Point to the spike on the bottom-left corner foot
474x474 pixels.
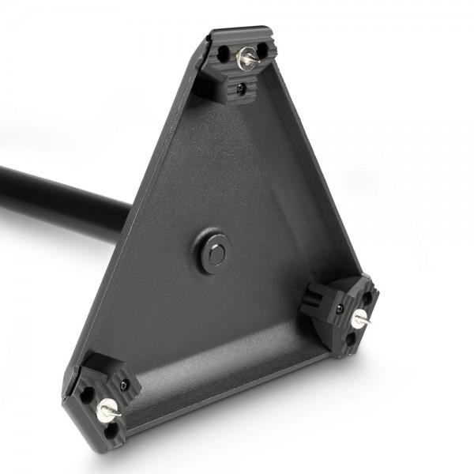point(105,408)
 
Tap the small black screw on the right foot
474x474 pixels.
point(340,308)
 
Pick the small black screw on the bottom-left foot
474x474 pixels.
point(125,386)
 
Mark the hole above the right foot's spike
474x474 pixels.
point(366,299)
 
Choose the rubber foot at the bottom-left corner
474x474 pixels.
point(107,399)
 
